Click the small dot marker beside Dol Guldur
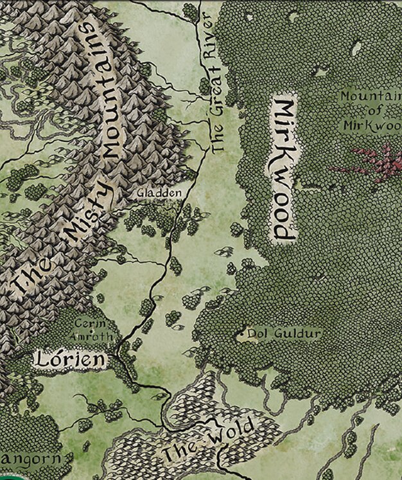point(241,334)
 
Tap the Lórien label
point(70,360)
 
